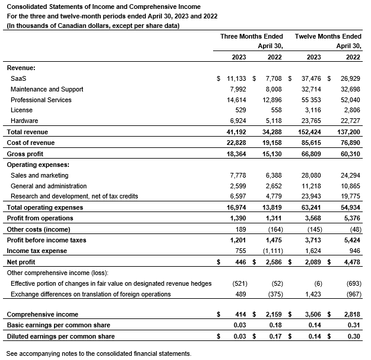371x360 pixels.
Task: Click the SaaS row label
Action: (x=18, y=78)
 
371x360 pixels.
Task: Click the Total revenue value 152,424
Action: (x=309, y=132)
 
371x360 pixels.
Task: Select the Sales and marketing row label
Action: (x=39, y=175)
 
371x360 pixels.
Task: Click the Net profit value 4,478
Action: (x=351, y=262)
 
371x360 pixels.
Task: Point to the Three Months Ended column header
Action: (x=252, y=36)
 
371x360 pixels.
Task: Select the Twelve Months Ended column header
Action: (x=328, y=36)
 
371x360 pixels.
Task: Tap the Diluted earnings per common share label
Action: (x=61, y=336)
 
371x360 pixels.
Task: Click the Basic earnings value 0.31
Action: (x=354, y=326)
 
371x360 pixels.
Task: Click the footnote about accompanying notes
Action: (x=99, y=353)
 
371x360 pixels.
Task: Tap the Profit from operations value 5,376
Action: (x=351, y=219)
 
